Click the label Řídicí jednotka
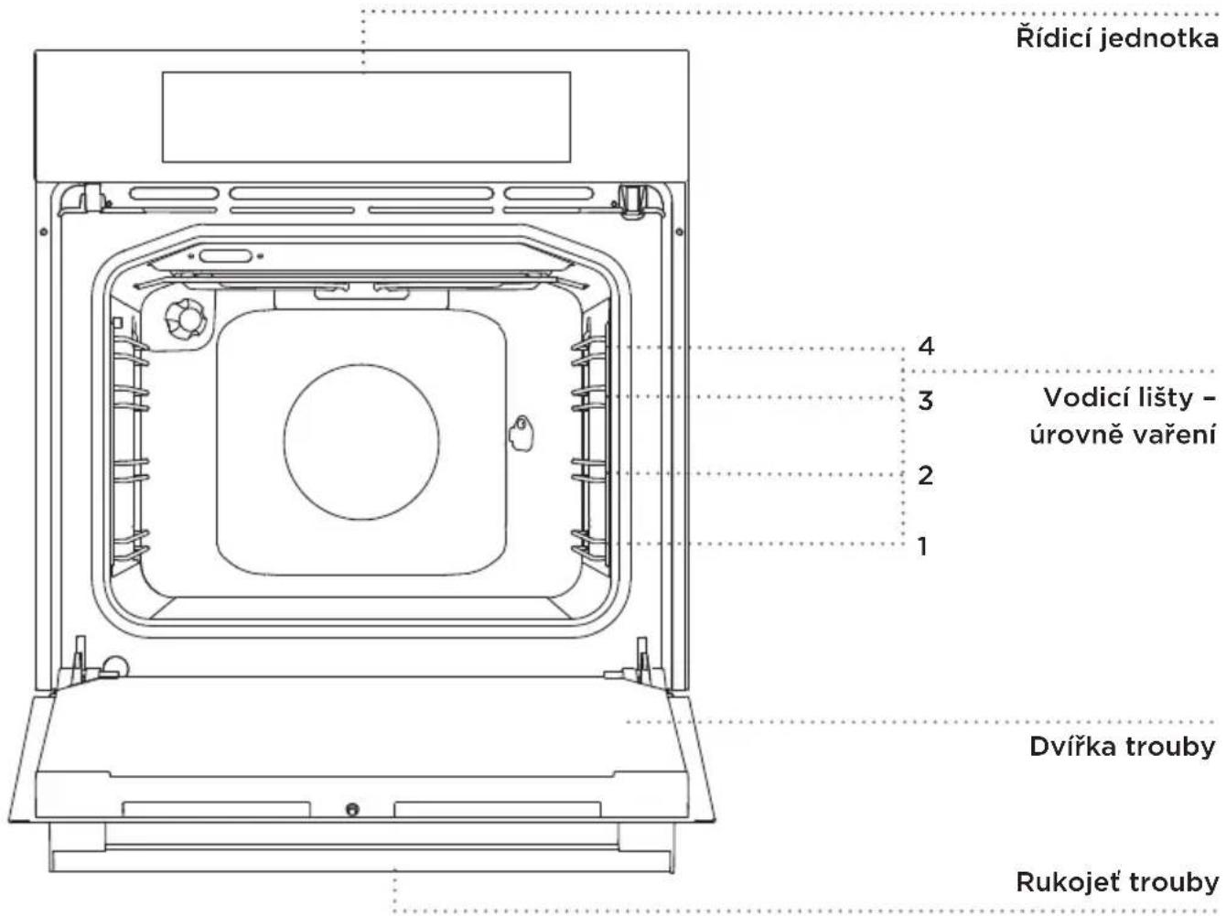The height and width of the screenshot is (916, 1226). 1116,39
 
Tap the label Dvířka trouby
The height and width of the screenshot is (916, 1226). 1122,747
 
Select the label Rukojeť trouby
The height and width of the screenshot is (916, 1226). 1116,883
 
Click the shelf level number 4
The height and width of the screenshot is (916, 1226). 926,346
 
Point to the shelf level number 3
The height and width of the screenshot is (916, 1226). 926,401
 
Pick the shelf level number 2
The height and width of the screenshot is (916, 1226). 926,475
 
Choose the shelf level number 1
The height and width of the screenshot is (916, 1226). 923,545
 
